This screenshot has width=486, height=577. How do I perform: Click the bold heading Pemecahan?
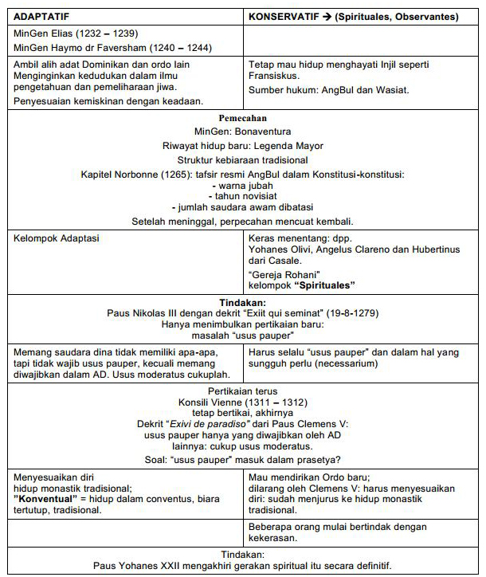pyautogui.click(x=243, y=118)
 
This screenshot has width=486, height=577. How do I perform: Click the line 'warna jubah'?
pyautogui.click(x=243, y=185)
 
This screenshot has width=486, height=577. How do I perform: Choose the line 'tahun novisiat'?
pyautogui.click(x=243, y=195)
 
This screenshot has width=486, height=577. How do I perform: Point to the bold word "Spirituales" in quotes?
pyautogui.click(x=324, y=285)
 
